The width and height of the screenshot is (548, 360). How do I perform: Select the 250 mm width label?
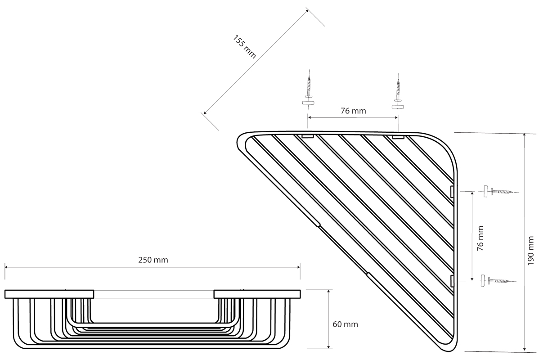click(153, 260)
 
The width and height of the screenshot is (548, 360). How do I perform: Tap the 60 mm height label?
click(345, 324)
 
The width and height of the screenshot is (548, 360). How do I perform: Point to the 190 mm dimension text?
click(531, 251)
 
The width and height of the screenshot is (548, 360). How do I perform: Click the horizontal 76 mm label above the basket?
click(353, 111)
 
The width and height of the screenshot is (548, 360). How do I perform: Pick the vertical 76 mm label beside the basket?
click(481, 238)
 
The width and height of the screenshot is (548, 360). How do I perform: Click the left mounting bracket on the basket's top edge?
click(308, 136)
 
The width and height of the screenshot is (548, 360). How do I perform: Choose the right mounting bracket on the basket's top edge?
click(398, 136)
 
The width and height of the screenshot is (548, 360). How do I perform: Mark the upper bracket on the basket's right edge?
click(452, 192)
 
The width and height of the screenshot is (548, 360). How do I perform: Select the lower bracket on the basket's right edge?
click(452, 281)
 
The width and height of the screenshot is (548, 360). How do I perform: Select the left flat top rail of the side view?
click(49, 294)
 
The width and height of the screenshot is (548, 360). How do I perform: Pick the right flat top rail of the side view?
click(257, 294)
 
